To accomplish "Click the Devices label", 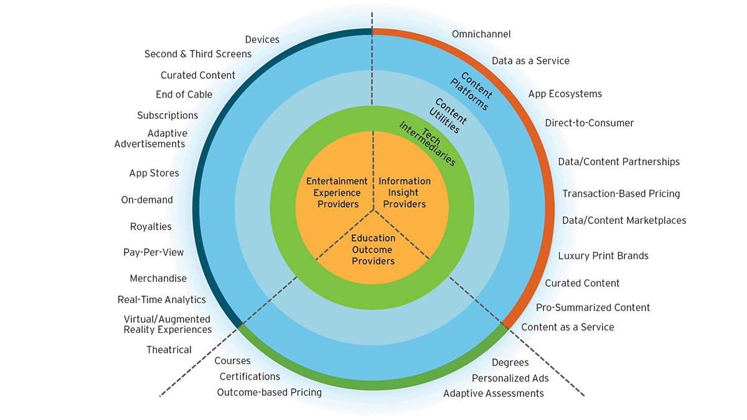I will tap(262, 40).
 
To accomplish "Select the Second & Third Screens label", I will tap(198, 54).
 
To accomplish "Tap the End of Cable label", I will tap(184, 95).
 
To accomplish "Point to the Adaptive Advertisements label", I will tap(150, 139).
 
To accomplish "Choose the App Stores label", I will tap(154, 173).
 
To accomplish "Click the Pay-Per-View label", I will tap(153, 252).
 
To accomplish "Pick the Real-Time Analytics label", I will tap(161, 299).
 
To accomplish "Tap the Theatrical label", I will tap(169, 350).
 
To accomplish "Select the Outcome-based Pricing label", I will tap(269, 392).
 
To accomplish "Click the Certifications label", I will tap(250, 376).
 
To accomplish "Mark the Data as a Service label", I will tap(530, 61).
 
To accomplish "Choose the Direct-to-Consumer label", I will tap(589, 123).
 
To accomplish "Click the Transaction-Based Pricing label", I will tap(621, 194).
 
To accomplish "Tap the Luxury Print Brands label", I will tap(603, 256).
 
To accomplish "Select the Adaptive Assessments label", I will tap(493, 393).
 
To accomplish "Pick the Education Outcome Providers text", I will tap(373, 250).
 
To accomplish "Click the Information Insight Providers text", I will tap(405, 193).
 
